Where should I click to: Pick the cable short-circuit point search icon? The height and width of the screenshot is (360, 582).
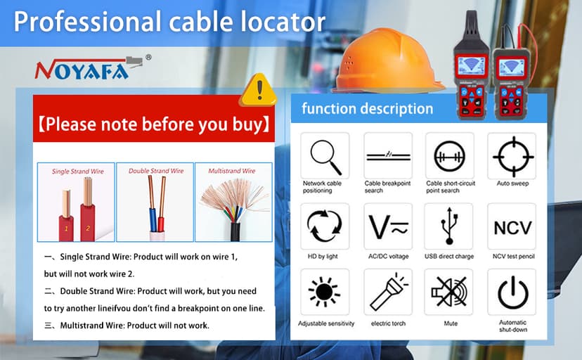point(449,155)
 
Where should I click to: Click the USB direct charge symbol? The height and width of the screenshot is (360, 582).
point(449,226)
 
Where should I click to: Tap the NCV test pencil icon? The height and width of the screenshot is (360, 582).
point(511,227)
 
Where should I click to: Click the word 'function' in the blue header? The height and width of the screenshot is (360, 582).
point(329,109)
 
